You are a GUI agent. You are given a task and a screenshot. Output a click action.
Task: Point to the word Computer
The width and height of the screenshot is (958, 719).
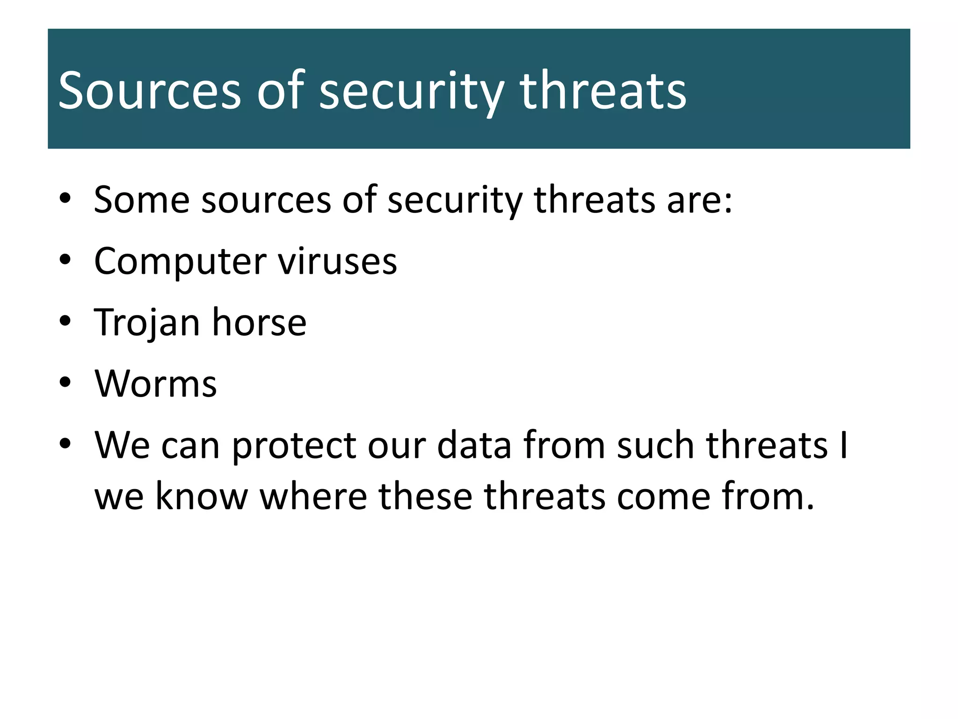click(x=180, y=261)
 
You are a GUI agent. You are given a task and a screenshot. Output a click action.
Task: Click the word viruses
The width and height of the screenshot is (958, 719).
click(x=338, y=261)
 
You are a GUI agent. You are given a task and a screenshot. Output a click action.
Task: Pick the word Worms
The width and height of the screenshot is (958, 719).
click(x=156, y=384)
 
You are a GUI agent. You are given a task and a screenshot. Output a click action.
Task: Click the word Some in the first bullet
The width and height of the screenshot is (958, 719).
click(x=141, y=200)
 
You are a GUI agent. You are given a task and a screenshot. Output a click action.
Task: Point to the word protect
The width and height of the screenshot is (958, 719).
click(x=294, y=446)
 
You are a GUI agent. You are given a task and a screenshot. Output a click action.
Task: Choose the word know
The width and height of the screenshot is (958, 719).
click(x=201, y=496)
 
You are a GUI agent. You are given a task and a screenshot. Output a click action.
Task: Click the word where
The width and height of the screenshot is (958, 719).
click(x=313, y=496)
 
